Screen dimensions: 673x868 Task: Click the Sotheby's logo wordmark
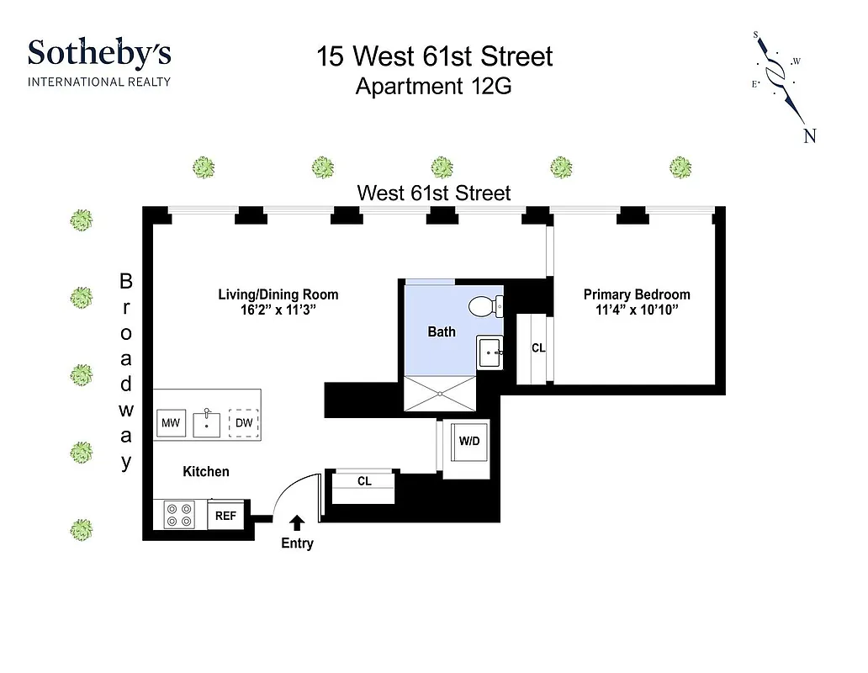tap(99, 54)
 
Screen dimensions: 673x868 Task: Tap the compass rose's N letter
tap(810, 136)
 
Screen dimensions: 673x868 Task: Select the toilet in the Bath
tap(484, 305)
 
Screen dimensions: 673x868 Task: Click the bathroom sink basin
tap(490, 352)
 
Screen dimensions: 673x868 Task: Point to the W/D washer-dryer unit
tap(468, 442)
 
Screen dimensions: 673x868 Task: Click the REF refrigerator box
tap(225, 516)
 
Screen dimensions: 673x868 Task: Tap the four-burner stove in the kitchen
tap(178, 515)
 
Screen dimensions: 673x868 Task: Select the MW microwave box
tap(171, 423)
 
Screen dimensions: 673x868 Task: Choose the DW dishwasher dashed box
tap(244, 423)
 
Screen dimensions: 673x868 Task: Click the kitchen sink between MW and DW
tap(206, 423)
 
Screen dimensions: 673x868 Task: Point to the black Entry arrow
tap(297, 522)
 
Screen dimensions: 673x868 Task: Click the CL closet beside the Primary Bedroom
tap(538, 348)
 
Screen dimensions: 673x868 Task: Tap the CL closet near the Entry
tap(364, 481)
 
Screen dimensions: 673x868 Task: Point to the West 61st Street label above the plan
tap(433, 193)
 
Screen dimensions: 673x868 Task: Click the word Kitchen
tap(206, 471)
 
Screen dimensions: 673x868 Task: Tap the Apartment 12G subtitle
tap(433, 87)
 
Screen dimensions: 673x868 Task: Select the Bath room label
tap(442, 331)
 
